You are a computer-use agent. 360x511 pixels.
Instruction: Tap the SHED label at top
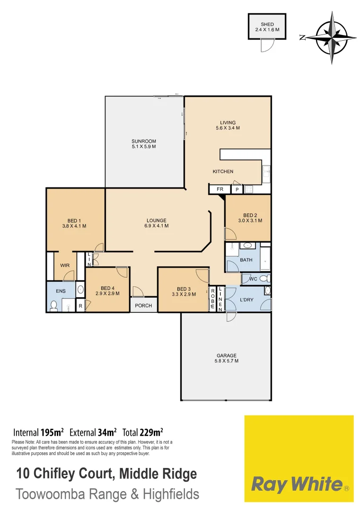[x=267, y=27]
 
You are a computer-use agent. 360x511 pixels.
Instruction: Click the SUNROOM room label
[x=144, y=144]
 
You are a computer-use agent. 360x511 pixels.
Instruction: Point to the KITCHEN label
[x=223, y=171]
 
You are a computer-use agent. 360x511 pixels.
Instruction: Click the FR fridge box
[x=220, y=189]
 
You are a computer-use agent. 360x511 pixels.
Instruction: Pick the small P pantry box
[x=237, y=189]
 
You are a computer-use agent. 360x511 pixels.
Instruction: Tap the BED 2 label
[x=250, y=218]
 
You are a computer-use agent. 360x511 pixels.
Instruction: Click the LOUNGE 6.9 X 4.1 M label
[x=156, y=223]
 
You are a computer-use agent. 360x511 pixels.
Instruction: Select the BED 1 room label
[x=74, y=223]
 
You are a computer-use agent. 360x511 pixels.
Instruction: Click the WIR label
[x=65, y=265]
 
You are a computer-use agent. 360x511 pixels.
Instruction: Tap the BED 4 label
[x=107, y=291]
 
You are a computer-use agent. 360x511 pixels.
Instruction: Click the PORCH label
[x=143, y=305]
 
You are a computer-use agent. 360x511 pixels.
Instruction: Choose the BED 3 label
[x=184, y=291]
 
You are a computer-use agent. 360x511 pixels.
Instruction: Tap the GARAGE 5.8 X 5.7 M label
[x=227, y=358]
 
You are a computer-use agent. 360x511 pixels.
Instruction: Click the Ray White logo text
[x=296, y=484]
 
